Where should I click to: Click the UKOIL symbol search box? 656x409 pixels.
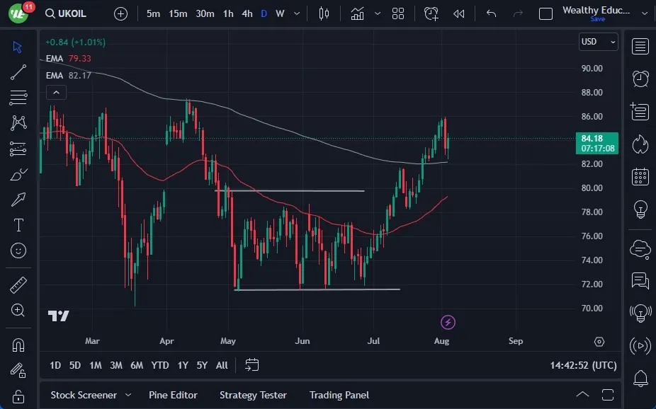click(66, 13)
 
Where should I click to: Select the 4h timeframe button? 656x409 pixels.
click(247, 13)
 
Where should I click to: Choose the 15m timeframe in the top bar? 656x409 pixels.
click(178, 13)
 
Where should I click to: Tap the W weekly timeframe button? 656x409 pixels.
click(280, 13)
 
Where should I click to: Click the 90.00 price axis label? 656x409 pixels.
click(592, 68)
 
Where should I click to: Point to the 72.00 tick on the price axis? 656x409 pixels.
click(592, 284)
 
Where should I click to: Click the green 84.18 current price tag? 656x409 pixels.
click(597, 143)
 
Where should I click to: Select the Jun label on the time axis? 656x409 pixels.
click(302, 341)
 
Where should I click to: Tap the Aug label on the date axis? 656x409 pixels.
click(441, 341)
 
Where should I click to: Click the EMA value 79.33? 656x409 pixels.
click(79, 59)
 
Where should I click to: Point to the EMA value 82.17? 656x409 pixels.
click(79, 76)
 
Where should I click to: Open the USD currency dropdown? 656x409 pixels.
click(599, 42)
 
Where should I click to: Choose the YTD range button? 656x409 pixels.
click(160, 366)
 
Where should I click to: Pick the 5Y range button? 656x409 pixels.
click(202, 366)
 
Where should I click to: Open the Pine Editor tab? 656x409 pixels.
click(173, 395)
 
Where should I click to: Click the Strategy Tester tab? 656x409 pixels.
click(253, 395)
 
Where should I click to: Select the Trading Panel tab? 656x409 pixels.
click(339, 395)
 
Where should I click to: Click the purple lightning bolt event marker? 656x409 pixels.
click(448, 322)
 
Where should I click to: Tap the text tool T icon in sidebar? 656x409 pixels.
click(18, 225)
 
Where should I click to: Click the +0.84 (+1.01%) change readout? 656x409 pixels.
click(75, 42)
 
